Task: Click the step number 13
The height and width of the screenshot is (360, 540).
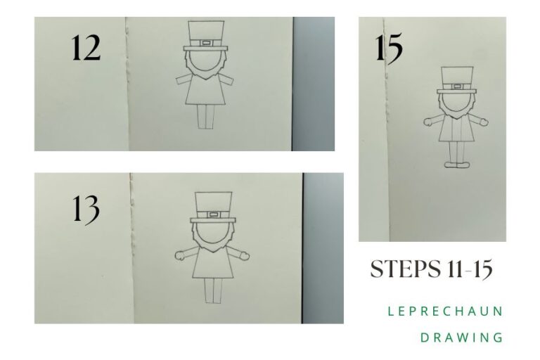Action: pos(85,209)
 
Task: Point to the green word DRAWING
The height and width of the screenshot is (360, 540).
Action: pos(461,337)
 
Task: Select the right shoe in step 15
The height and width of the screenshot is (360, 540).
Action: pos(464,165)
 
